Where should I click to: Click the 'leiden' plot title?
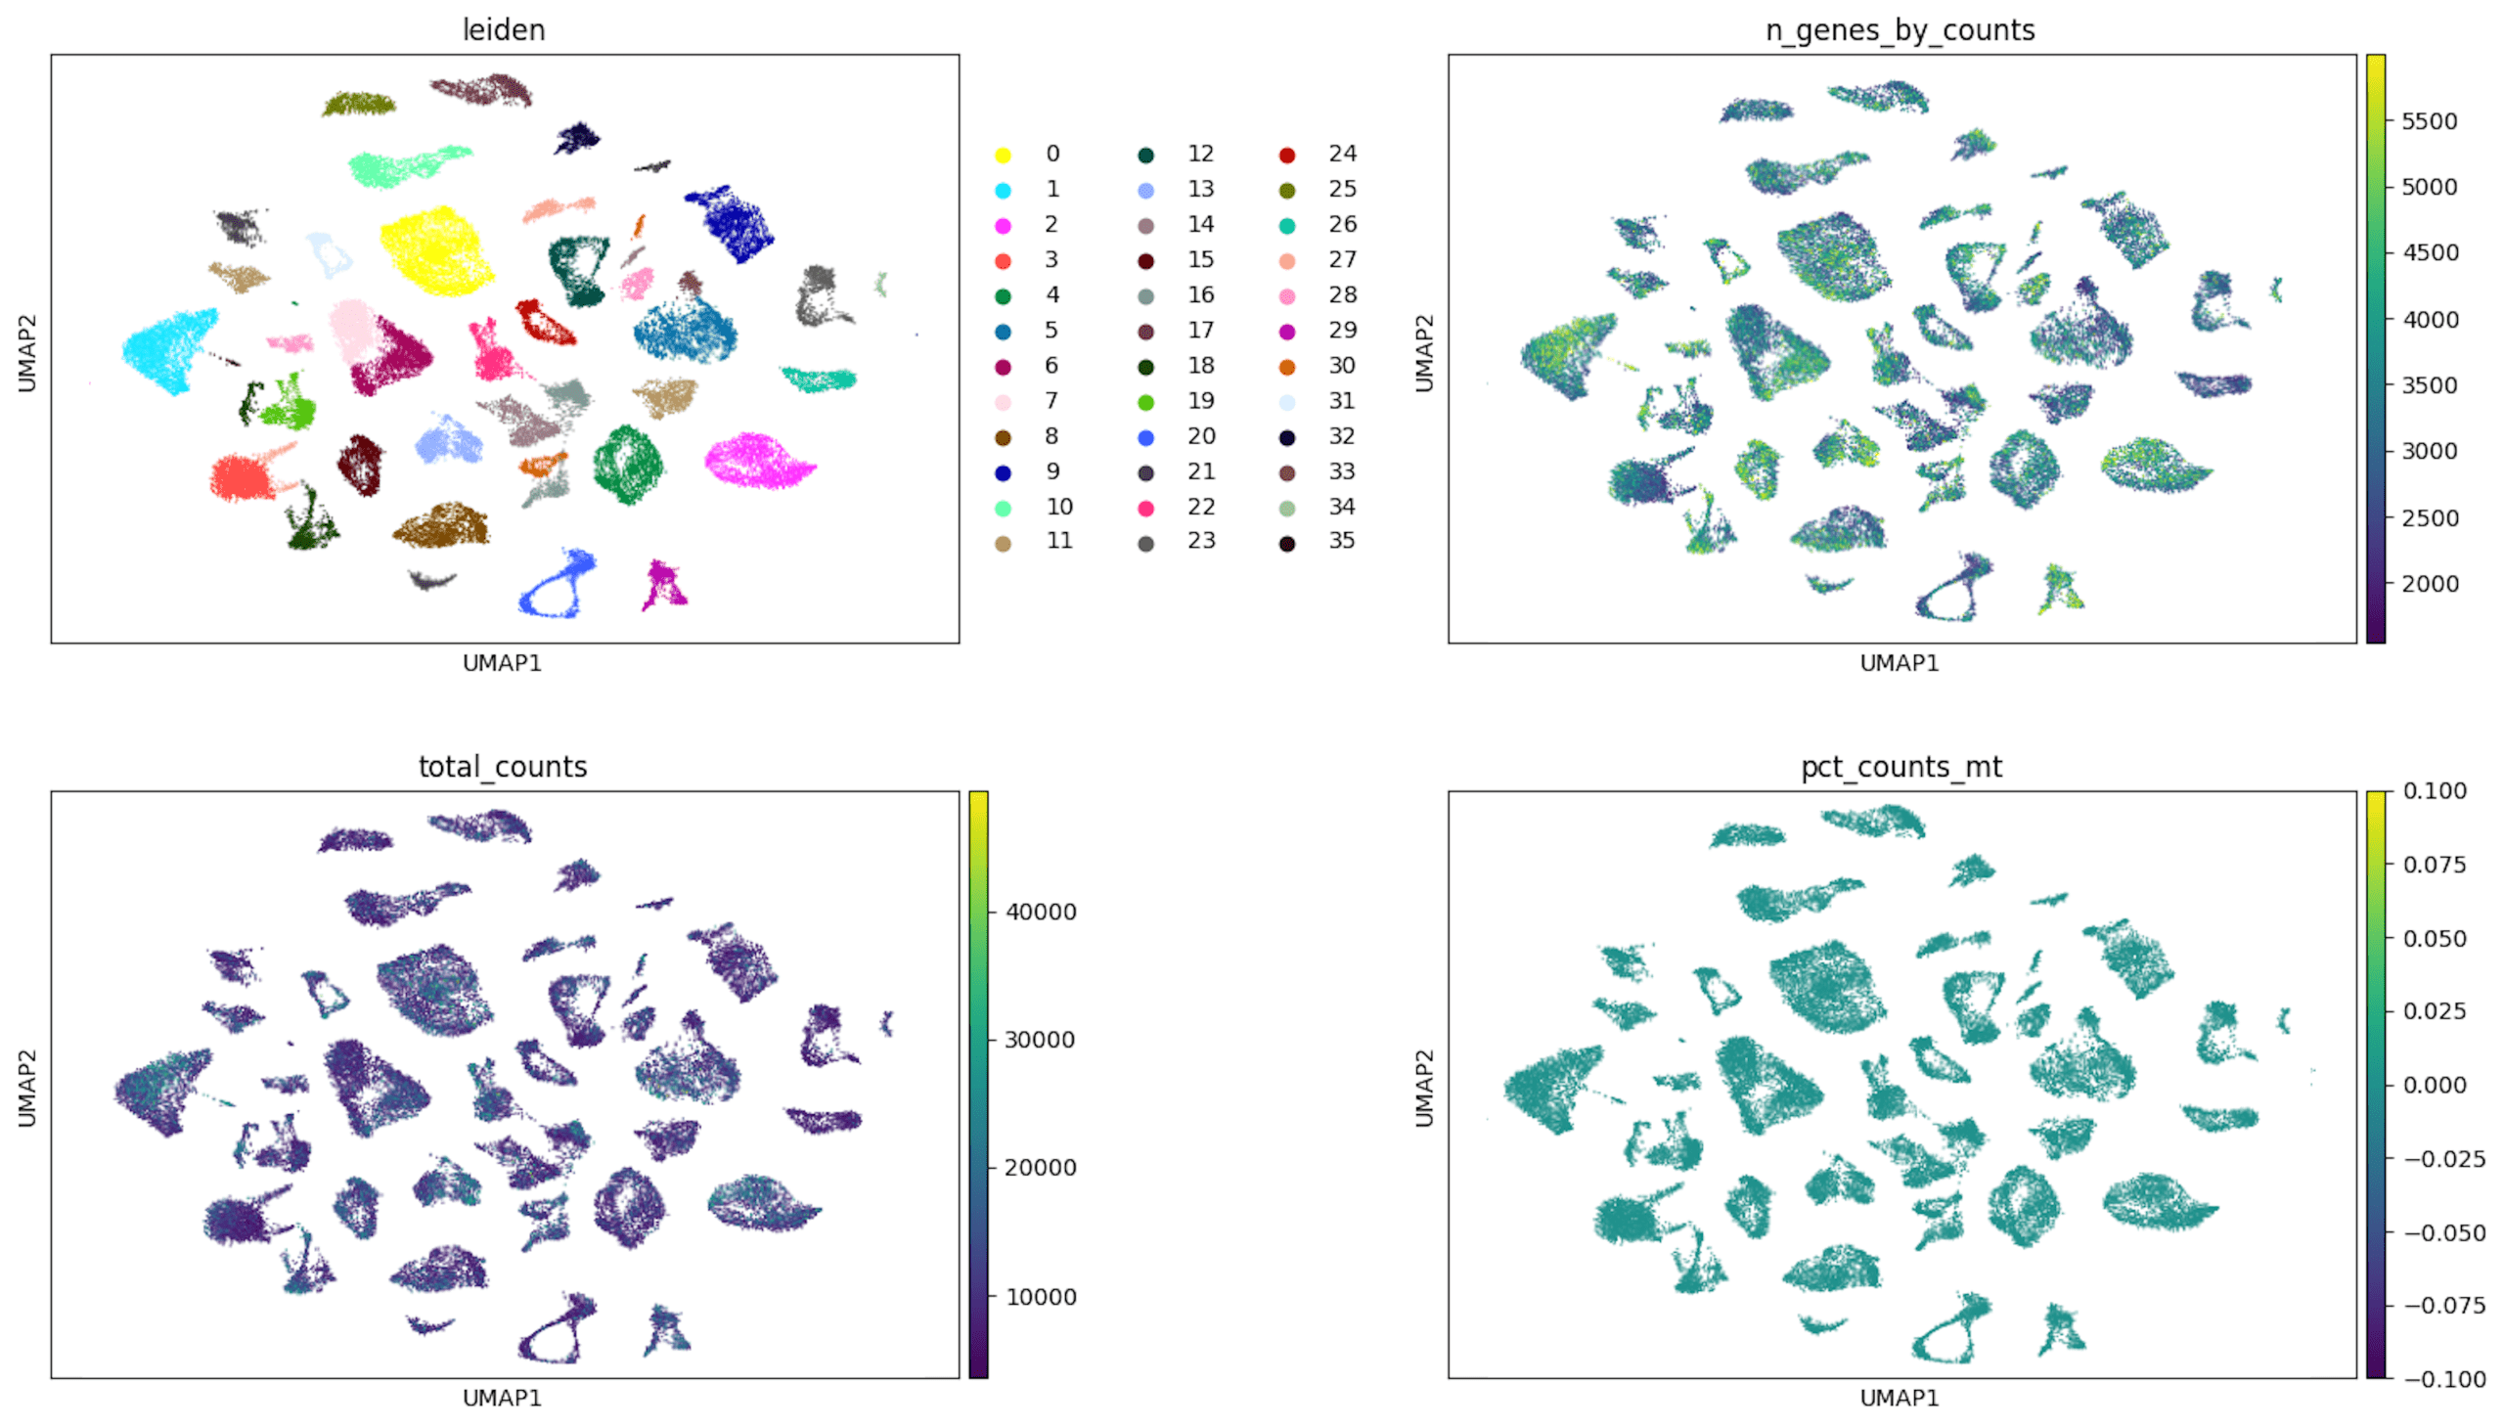(503, 30)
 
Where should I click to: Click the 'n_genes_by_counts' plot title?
(1900, 30)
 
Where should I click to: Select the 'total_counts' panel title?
(502, 766)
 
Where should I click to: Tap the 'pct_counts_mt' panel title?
(1900, 766)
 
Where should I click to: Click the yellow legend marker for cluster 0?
(1003, 155)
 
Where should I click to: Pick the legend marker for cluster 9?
(1003, 472)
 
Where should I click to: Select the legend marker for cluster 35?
(1287, 543)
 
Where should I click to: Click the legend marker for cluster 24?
(1287, 155)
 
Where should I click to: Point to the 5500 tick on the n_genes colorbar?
(2429, 121)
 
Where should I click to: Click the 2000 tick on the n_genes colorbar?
(2429, 584)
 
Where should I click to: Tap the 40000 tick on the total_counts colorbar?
(1040, 913)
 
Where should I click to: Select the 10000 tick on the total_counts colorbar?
(1040, 1297)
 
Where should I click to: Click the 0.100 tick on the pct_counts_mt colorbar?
(2434, 791)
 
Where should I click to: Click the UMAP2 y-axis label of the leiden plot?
(26, 353)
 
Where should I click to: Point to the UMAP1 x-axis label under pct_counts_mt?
(1900, 1398)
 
